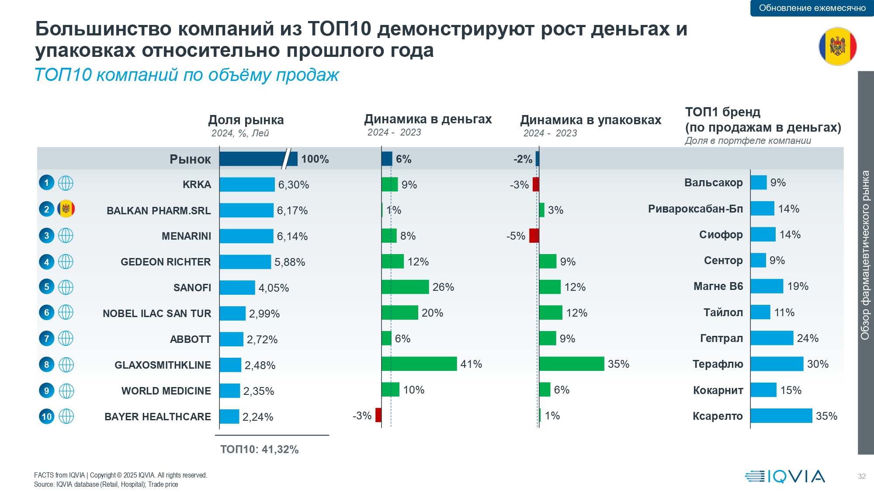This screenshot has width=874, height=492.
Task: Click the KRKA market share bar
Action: pyautogui.click(x=247, y=185)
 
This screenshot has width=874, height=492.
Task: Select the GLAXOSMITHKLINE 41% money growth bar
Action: pyautogui.click(x=419, y=364)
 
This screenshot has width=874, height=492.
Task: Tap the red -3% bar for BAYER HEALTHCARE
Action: pyautogui.click(x=378, y=415)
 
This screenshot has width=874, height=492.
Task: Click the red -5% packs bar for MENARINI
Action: pyautogui.click(x=534, y=236)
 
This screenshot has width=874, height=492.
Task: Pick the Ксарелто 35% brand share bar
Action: pyautogui.click(x=781, y=416)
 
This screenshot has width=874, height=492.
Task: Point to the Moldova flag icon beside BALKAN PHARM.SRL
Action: pyautogui.click(x=66, y=209)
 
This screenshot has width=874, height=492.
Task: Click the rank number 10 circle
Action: pyautogui.click(x=47, y=416)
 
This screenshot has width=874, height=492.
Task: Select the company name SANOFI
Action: pyautogui.click(x=192, y=288)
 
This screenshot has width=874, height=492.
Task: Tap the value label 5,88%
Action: pyautogui.click(x=290, y=262)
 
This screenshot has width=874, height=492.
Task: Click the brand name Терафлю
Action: pyautogui.click(x=718, y=364)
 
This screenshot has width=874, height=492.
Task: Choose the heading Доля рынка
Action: pyautogui.click(x=246, y=120)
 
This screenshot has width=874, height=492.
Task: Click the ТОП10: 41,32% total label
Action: pyautogui.click(x=260, y=450)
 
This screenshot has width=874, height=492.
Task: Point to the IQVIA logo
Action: pyautogui.click(x=785, y=476)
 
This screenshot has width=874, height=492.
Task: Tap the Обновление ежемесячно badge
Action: pyautogui.click(x=812, y=8)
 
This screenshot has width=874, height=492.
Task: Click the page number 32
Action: pyautogui.click(x=861, y=476)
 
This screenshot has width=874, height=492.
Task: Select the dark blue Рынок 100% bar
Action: pyautogui.click(x=258, y=159)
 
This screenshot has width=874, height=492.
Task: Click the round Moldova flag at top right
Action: pyautogui.click(x=837, y=46)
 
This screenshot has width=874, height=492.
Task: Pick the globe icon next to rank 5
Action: pyautogui.click(x=66, y=287)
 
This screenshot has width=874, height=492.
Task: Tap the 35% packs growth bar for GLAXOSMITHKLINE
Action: pyautogui.click(x=572, y=364)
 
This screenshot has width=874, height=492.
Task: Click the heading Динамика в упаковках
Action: pyautogui.click(x=590, y=120)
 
